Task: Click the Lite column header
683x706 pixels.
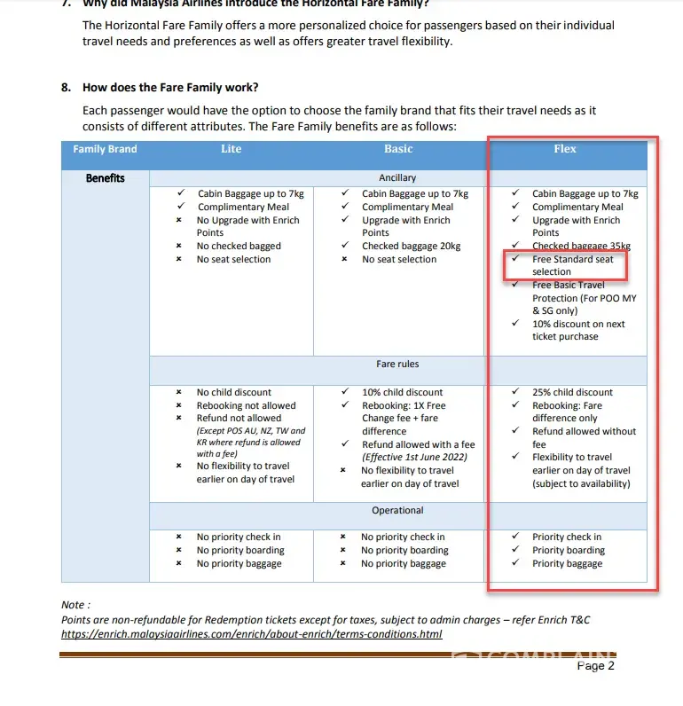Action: coord(231,149)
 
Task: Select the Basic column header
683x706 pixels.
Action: coord(398,149)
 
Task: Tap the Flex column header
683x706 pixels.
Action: coord(565,149)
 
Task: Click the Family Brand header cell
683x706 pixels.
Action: coord(105,149)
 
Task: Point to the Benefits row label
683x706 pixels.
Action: coord(105,178)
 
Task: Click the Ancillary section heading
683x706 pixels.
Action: coord(397,178)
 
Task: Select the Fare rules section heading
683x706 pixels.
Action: coord(397,364)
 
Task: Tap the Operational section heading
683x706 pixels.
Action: coord(397,510)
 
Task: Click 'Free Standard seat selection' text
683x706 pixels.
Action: coord(572,265)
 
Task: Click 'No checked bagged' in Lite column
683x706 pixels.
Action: coord(239,246)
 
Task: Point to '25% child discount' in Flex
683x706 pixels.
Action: coord(572,392)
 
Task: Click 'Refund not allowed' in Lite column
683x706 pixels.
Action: coord(239,418)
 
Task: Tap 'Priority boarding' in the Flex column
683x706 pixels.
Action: coord(569,550)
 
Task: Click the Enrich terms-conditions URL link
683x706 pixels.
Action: coord(251,634)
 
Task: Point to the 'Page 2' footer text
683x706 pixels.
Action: coord(595,665)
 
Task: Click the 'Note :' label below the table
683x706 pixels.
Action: coord(75,605)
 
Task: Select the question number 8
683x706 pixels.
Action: coord(67,88)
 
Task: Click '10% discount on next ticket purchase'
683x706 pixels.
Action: coord(577,330)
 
